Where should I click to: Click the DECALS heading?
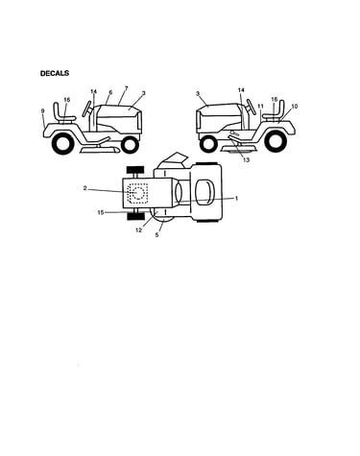(x=55, y=73)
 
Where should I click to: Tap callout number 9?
(x=43, y=111)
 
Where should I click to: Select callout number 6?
(x=110, y=92)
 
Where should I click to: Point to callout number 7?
(x=126, y=88)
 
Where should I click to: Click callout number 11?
(x=261, y=106)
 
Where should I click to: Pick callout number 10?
(x=295, y=106)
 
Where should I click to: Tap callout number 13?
(x=246, y=160)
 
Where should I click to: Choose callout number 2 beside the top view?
(x=84, y=188)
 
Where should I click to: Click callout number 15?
(x=101, y=212)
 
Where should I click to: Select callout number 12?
(x=138, y=230)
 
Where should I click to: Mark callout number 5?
(x=156, y=235)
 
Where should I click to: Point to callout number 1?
(x=236, y=199)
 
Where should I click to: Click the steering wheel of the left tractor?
(x=87, y=108)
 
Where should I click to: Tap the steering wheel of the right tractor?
(x=252, y=107)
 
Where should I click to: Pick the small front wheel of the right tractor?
(x=208, y=145)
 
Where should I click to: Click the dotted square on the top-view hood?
(x=137, y=193)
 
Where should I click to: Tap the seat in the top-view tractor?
(x=204, y=192)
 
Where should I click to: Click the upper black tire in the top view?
(x=135, y=170)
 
